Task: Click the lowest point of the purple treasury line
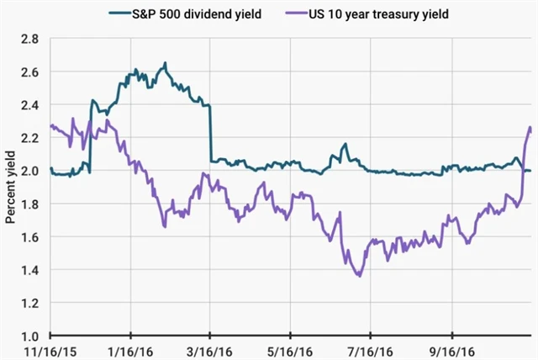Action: click(359, 275)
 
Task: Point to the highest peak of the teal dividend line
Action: click(166, 63)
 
